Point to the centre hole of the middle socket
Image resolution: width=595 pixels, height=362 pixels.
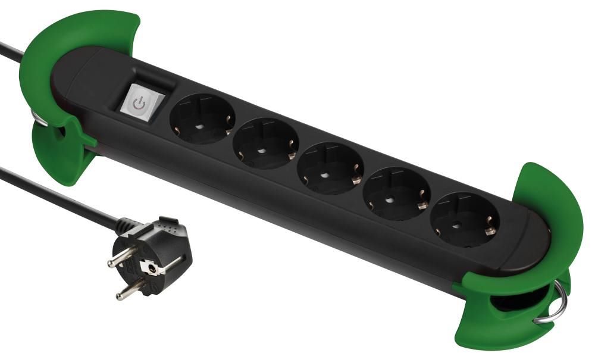(x=326, y=174)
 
